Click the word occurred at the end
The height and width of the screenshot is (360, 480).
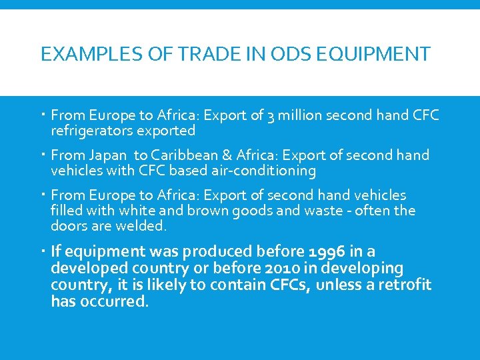[x=113, y=302]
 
